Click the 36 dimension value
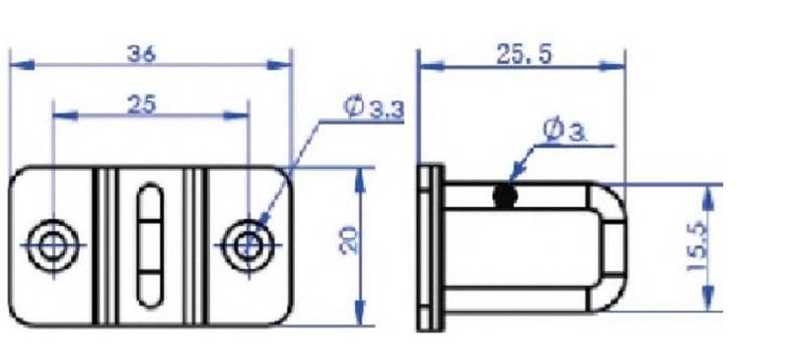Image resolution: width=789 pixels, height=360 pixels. tap(141, 53)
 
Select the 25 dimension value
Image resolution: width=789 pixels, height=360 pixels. tap(141, 105)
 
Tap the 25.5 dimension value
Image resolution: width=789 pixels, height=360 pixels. tap(524, 54)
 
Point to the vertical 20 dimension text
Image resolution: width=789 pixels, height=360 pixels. tap(350, 241)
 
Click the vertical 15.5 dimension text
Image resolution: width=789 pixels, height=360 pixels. tap(697, 248)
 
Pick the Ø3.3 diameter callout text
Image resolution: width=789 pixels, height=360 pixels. tap(374, 108)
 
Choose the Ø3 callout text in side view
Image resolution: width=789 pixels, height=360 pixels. tap(564, 130)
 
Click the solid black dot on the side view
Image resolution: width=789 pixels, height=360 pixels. tap(505, 195)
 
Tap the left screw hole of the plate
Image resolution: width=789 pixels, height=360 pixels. tap(52, 246)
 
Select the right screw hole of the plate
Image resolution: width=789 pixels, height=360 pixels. tap(249, 246)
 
